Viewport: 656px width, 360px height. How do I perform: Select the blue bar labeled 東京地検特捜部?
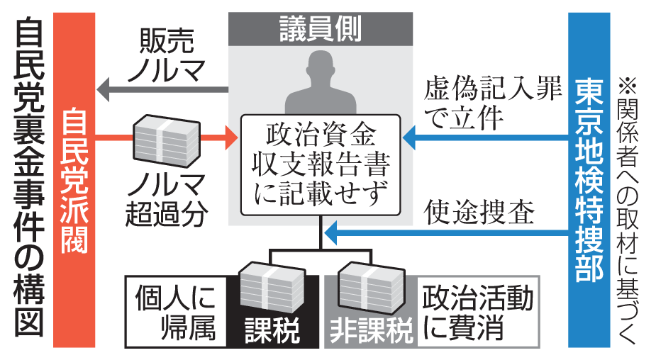click(589, 180)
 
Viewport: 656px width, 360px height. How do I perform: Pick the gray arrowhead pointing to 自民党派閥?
click(104, 89)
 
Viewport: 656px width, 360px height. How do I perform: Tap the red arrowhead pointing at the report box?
click(230, 135)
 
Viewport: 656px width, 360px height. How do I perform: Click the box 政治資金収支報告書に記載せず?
click(321, 164)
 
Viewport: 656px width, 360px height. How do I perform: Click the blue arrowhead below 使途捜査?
click(330, 233)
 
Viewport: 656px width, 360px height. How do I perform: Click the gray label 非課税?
click(369, 329)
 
